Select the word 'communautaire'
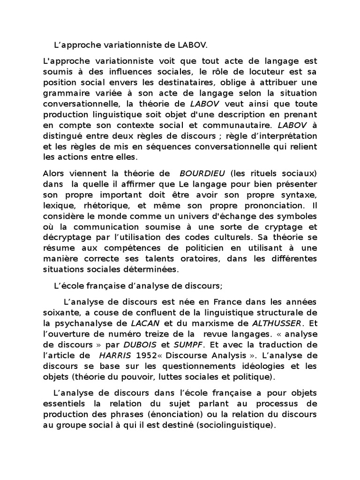pos(231,125)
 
